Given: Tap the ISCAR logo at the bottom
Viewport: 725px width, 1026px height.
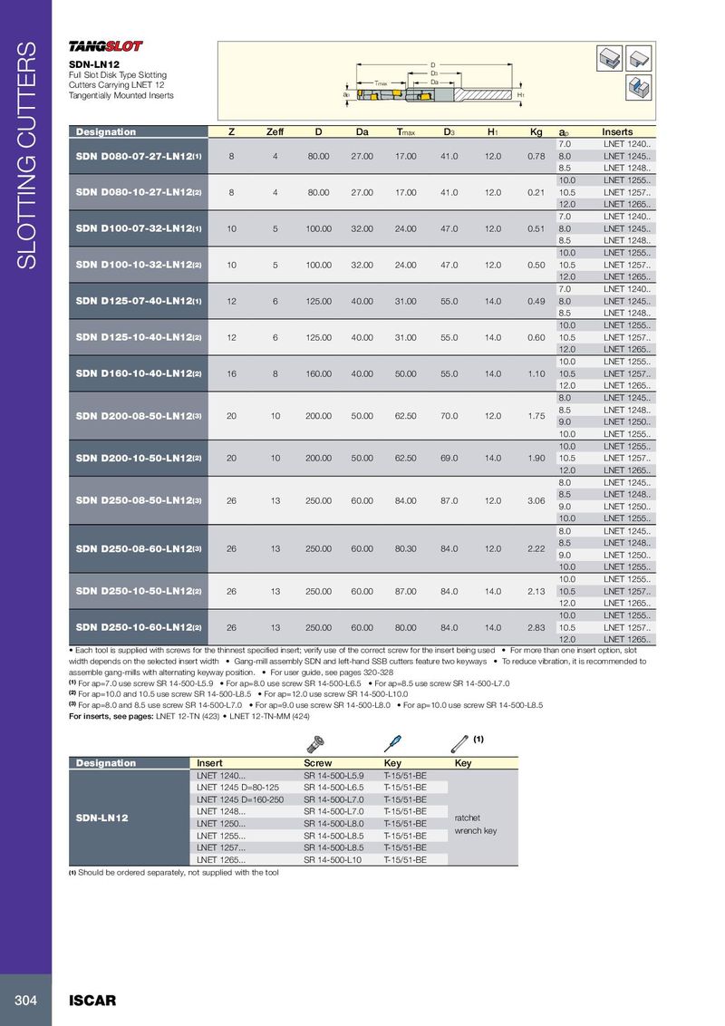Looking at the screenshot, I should tap(93, 1001).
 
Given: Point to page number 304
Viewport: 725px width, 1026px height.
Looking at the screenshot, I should tap(25, 1001).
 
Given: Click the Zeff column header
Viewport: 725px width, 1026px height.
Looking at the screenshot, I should tap(275, 132).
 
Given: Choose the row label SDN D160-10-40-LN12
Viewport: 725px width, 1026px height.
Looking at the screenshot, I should tap(139, 373).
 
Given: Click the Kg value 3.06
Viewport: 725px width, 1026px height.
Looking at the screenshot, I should tap(536, 499).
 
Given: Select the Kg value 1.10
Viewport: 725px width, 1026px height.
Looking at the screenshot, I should tap(536, 373).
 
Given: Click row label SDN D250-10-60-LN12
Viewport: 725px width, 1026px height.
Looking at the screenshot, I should tap(139, 626).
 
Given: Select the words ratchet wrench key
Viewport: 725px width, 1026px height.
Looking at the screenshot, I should tap(475, 823).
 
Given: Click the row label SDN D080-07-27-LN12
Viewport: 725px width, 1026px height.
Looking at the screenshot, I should tap(139, 156).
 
